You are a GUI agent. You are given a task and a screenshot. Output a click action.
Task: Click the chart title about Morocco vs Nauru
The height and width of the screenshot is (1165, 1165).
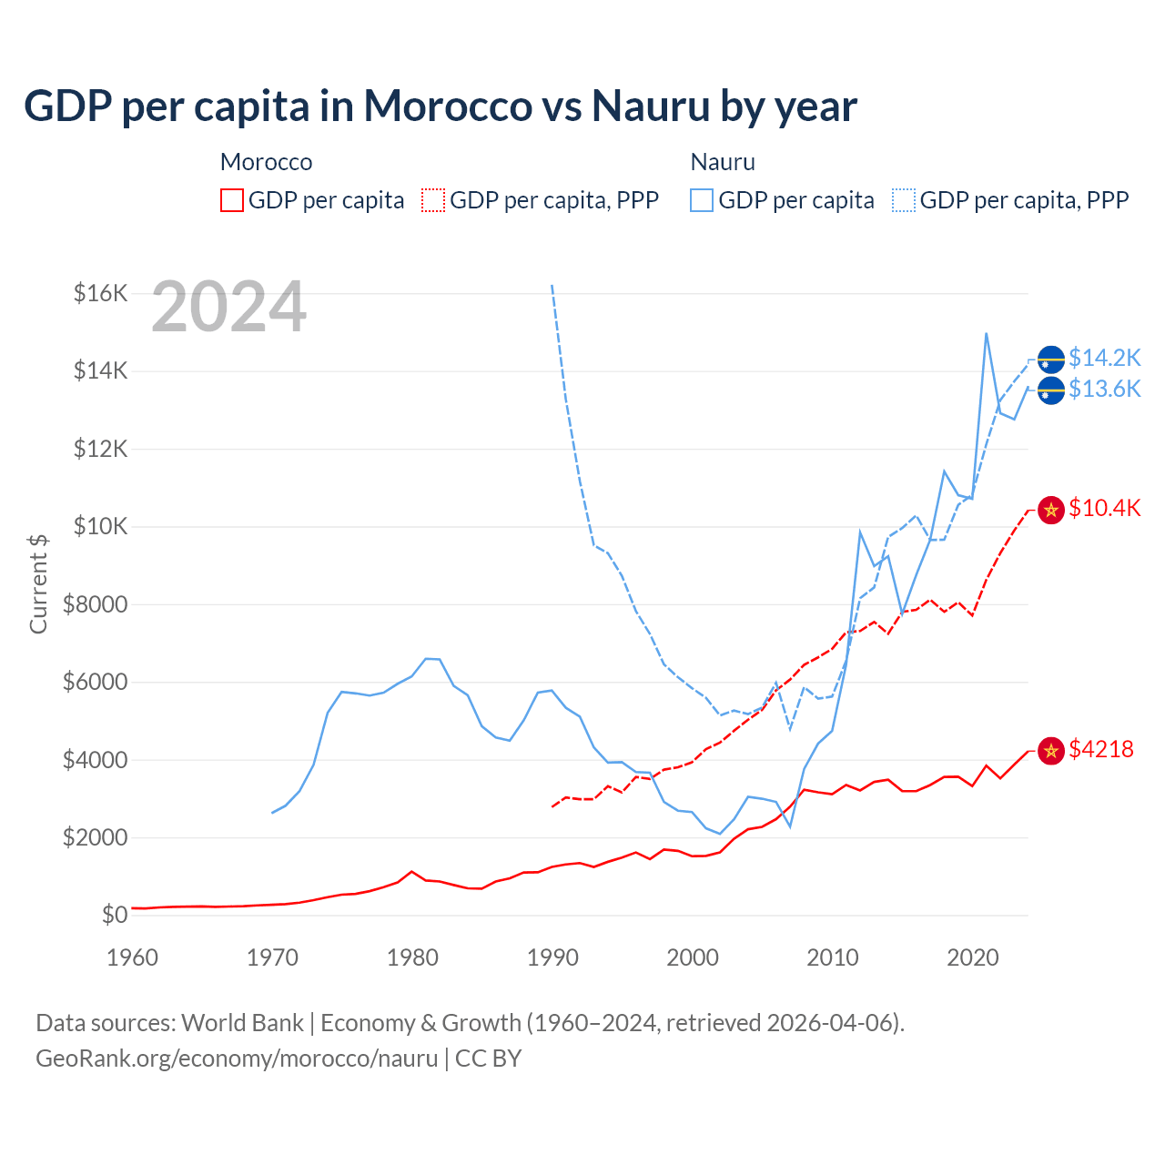click(441, 106)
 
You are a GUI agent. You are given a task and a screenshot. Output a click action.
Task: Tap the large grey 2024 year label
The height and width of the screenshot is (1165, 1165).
click(228, 307)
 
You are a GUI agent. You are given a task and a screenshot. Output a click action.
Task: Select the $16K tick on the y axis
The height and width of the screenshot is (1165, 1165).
click(100, 293)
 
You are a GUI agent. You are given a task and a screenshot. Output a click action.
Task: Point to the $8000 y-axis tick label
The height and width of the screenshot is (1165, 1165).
click(95, 604)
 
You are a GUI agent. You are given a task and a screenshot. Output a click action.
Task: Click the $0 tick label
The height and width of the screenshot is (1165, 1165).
click(114, 915)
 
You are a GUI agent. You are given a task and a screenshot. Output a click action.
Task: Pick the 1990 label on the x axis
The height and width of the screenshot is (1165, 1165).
click(552, 957)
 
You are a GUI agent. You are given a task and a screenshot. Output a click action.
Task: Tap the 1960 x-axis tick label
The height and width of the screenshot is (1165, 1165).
click(133, 957)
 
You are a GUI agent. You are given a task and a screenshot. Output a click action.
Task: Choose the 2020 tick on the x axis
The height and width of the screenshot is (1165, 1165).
click(973, 957)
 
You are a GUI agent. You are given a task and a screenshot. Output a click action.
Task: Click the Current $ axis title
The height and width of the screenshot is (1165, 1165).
click(38, 584)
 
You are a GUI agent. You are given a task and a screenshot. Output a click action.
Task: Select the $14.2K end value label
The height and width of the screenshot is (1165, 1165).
click(1104, 358)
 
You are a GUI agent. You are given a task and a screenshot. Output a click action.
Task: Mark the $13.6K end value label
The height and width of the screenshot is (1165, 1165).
click(1104, 390)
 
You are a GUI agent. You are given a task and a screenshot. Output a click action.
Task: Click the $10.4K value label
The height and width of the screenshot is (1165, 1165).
click(1104, 508)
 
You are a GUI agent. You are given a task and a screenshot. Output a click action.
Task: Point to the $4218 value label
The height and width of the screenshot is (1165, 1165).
click(1101, 749)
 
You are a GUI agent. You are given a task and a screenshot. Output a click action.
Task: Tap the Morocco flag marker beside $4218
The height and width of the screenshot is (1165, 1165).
click(1051, 751)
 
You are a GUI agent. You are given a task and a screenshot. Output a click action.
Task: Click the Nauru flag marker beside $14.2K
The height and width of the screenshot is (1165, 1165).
click(1051, 360)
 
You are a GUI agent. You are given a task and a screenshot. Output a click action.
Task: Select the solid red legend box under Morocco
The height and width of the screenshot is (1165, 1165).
click(232, 200)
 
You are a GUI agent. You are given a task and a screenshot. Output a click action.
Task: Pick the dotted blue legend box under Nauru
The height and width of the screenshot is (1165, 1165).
click(904, 200)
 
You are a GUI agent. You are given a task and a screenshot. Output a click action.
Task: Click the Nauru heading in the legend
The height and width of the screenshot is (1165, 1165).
click(723, 162)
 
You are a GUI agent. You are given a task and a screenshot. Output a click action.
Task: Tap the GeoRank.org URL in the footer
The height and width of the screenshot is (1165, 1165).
click(237, 1059)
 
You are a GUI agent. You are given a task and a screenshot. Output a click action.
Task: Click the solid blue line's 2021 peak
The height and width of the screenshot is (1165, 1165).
click(987, 334)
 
